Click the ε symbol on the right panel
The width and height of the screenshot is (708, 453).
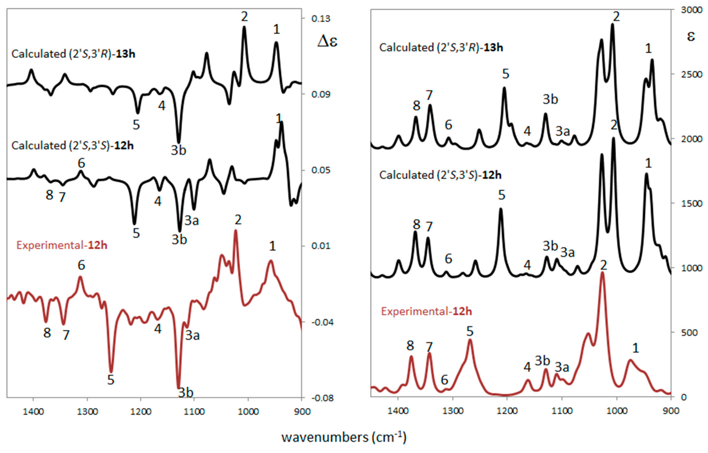691,37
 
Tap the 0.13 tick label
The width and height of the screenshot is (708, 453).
321,18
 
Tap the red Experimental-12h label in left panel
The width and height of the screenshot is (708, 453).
61,245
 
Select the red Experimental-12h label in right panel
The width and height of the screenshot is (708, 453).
426,311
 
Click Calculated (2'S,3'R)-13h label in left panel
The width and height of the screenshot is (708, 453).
73,54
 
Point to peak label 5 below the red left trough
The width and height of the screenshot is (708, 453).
111,380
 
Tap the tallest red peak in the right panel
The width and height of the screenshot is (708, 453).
602,273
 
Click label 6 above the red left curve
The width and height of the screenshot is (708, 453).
82,265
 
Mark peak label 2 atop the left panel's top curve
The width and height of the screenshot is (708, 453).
244,17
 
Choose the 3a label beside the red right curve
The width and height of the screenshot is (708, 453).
562,367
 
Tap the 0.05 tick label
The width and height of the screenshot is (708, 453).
321,170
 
